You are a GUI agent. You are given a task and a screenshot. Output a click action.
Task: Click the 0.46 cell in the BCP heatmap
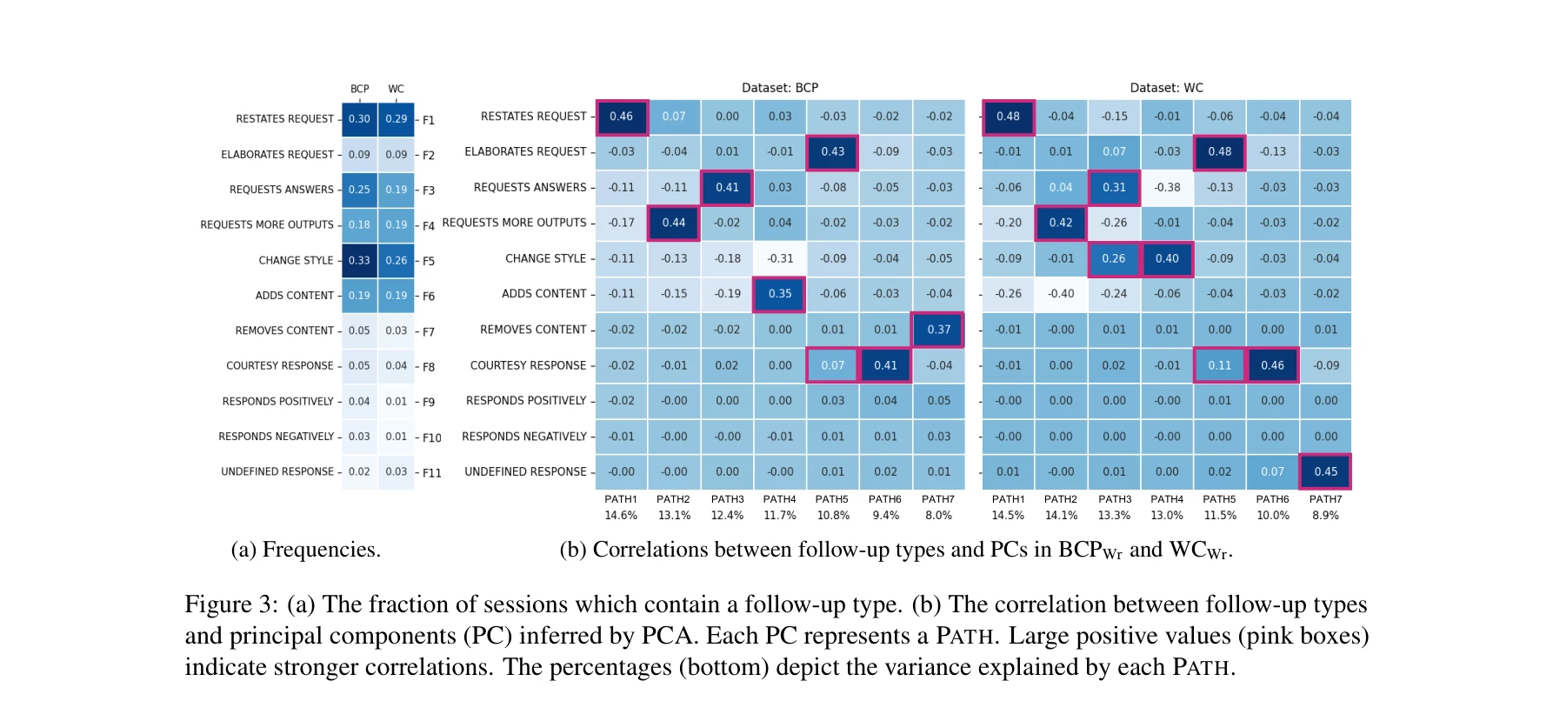point(621,117)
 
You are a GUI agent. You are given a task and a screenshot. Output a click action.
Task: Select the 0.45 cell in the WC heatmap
point(1325,471)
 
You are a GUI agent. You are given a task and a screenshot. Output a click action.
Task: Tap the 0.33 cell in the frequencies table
point(359,260)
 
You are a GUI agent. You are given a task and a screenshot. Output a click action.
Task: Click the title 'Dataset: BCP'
point(779,88)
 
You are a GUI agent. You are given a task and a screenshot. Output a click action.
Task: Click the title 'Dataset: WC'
point(1166,88)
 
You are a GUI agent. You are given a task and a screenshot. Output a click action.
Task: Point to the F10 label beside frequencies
point(432,437)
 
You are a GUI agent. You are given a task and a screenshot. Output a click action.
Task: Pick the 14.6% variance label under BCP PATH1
point(621,516)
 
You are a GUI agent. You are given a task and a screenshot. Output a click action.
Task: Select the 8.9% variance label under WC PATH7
point(1325,516)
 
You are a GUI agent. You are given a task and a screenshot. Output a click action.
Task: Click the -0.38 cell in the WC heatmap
point(1167,187)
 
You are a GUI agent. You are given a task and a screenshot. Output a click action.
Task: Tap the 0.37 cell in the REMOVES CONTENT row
point(938,330)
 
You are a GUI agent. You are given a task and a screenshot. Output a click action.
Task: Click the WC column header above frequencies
point(396,89)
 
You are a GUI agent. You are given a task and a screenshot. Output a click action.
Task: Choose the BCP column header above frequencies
point(359,89)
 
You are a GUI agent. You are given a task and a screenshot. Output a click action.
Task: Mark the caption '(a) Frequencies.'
point(305,550)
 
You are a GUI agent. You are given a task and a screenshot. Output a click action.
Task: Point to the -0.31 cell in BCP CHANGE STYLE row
point(780,258)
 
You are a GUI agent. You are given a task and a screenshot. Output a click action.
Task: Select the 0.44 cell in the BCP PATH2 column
point(674,223)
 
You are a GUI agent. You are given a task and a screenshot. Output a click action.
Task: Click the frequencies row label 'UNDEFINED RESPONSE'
point(277,471)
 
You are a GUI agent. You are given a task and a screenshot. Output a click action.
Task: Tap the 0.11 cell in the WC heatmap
point(1219,365)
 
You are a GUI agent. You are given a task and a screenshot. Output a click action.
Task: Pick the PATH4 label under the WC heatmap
point(1167,499)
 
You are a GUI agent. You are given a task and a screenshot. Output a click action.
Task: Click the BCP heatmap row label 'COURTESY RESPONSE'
point(528,365)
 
